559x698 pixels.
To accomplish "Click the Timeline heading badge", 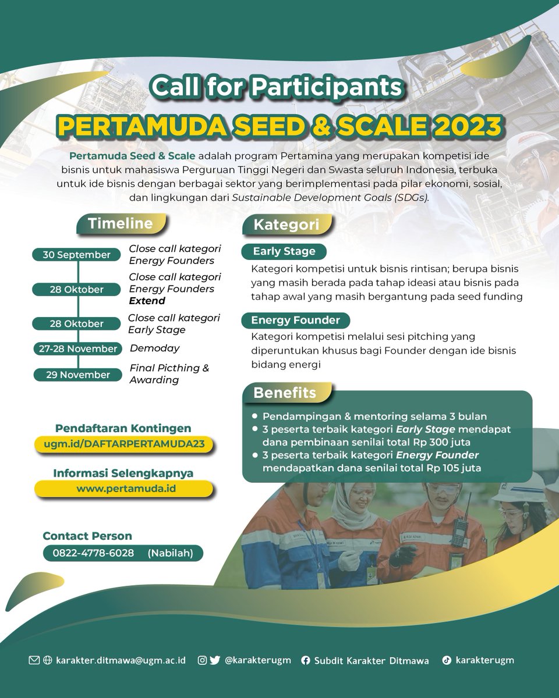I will (x=121, y=224).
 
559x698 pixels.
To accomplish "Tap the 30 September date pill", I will (x=76, y=255).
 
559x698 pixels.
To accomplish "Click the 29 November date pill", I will (x=76, y=375).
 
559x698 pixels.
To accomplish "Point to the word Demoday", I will (x=154, y=348).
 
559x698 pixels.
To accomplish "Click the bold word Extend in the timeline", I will (x=147, y=301).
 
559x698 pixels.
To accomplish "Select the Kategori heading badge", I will (x=286, y=225).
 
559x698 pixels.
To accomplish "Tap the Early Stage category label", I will (x=284, y=251).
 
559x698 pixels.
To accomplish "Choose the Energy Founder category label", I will (x=295, y=320).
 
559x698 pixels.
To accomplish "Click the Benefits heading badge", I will (x=285, y=393).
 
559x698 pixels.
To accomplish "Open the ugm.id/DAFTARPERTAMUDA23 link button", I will (x=123, y=444).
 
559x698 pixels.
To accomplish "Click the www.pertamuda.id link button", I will (x=126, y=488).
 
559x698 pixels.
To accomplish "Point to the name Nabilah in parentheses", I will (x=171, y=553).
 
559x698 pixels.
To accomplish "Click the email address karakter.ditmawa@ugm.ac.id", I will (x=121, y=660).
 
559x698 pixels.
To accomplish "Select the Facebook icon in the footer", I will (x=305, y=660).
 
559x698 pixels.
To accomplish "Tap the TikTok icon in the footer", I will (x=446, y=660).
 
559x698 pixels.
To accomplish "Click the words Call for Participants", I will (x=276, y=88).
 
